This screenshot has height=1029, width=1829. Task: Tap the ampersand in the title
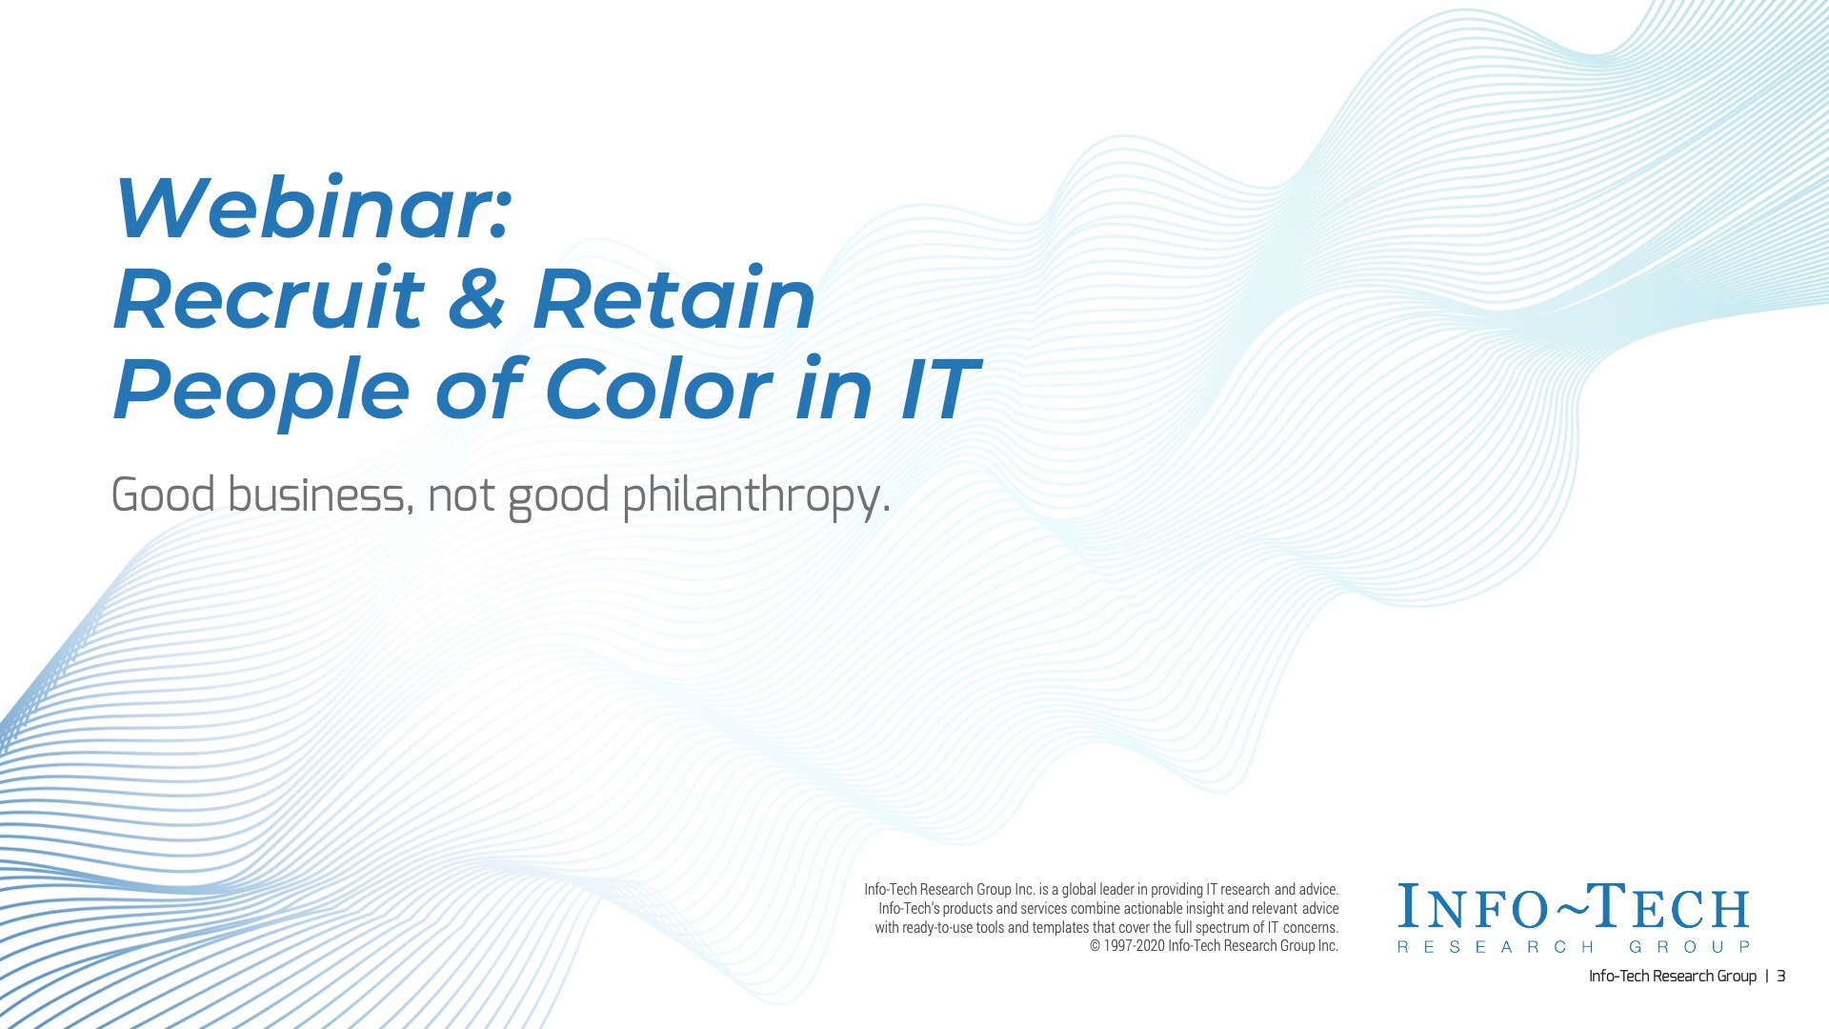point(477,299)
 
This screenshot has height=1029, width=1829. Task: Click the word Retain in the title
point(673,299)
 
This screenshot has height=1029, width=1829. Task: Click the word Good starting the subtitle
point(164,495)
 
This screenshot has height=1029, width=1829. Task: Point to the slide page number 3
point(1780,976)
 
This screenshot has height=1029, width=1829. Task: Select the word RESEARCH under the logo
point(1495,947)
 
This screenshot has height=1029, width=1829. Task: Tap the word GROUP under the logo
point(1689,947)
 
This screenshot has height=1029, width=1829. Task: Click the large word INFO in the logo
point(1475,907)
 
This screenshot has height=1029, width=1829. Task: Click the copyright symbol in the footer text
point(1095,946)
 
